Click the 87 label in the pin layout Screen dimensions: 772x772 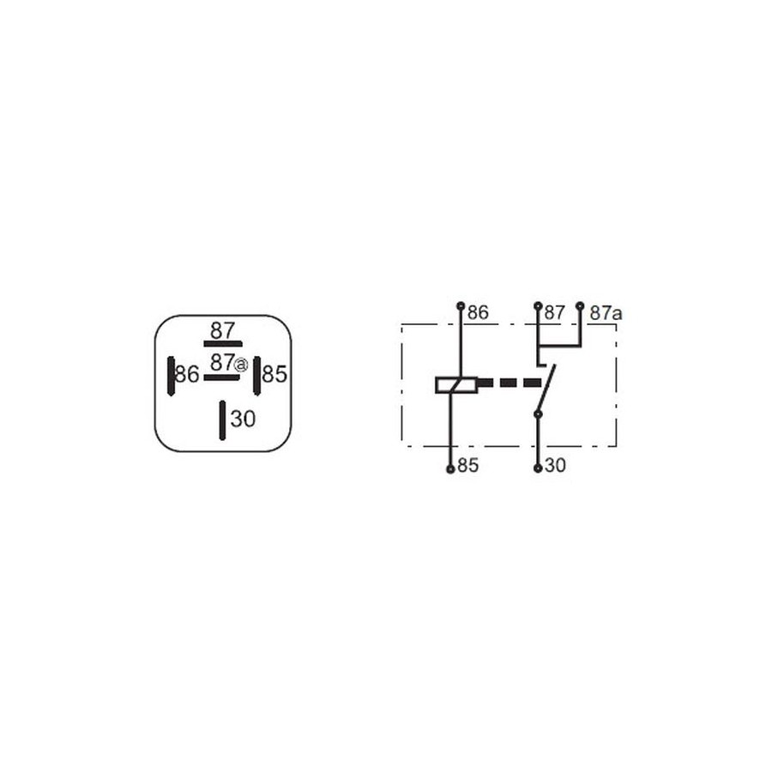pyautogui.click(x=222, y=330)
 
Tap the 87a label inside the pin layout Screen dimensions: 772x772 pyautogui.click(x=228, y=363)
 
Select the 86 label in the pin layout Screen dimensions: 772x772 pyautogui.click(x=187, y=374)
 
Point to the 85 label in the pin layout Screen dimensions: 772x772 pyautogui.click(x=274, y=374)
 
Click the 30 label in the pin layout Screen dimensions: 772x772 pyautogui.click(x=244, y=419)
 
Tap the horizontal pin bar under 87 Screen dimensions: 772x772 pyautogui.click(x=223, y=344)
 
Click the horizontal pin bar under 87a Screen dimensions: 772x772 pyautogui.click(x=221, y=377)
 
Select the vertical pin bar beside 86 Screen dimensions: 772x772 pyautogui.click(x=172, y=377)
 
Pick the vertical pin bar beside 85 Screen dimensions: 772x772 pyautogui.click(x=256, y=376)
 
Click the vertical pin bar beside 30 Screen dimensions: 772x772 pyautogui.click(x=222, y=420)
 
